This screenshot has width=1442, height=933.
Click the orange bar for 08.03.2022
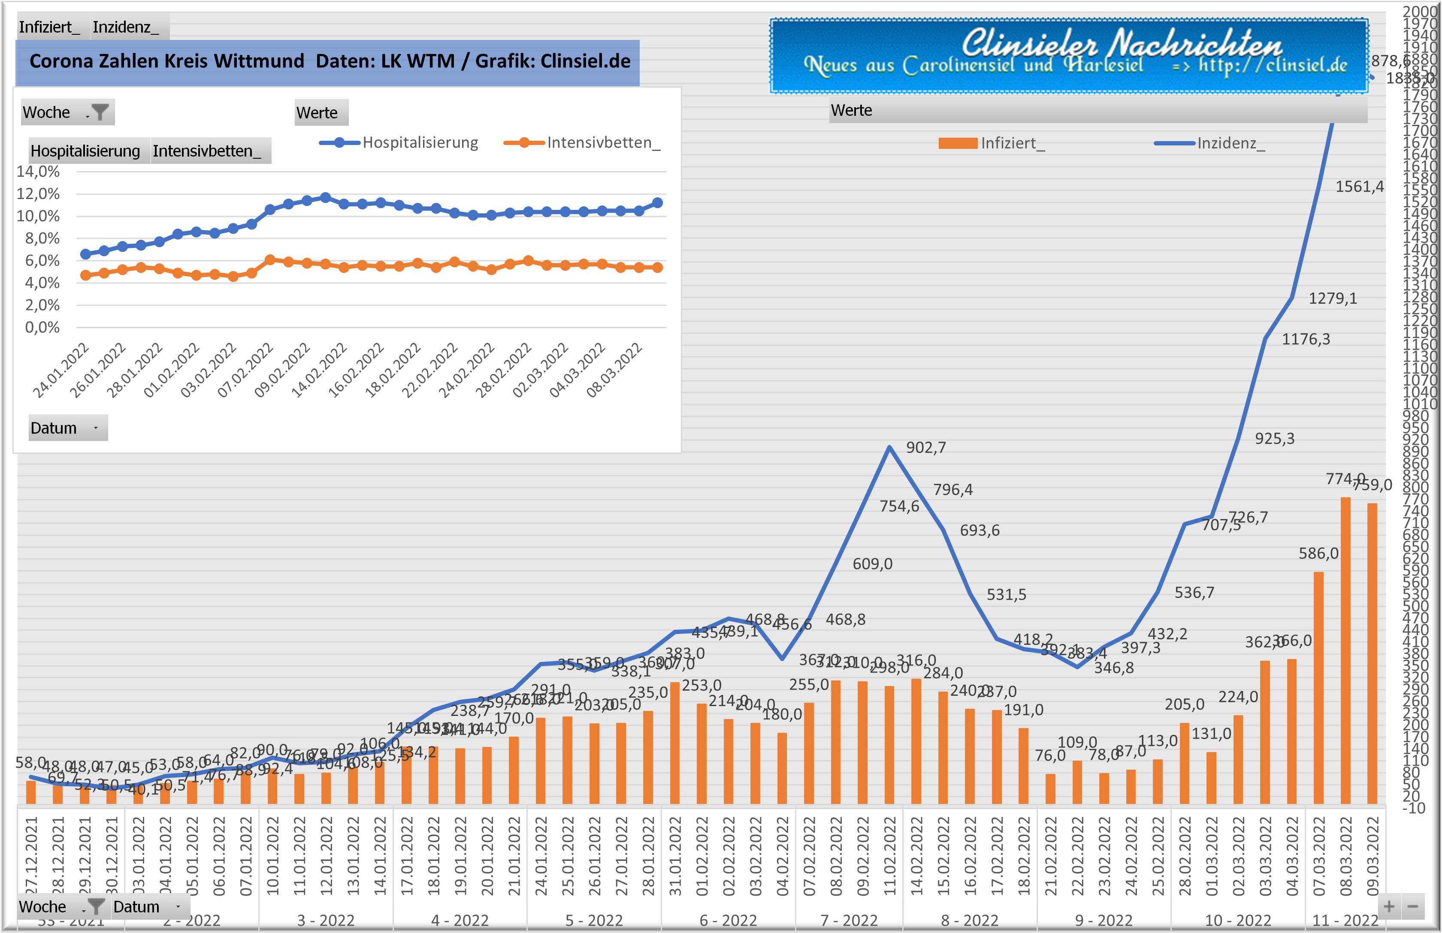pos(1345,651)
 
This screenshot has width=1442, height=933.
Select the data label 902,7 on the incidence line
pos(926,448)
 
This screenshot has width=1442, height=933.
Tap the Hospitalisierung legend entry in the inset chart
pos(420,143)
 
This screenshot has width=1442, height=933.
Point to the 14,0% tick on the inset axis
pos(38,172)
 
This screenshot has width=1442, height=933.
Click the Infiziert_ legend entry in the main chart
pos(1012,144)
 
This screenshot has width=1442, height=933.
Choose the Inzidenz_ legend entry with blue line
pos(1230,144)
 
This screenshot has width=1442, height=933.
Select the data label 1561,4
pos(1360,187)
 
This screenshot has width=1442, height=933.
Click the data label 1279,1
pos(1332,299)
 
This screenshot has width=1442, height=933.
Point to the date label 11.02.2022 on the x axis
pos(889,855)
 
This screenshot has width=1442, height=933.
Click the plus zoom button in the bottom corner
pos(1389,907)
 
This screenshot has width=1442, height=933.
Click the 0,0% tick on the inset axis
pos(42,328)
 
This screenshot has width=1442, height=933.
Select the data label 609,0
pos(873,564)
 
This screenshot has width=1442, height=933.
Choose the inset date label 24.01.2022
pos(60,371)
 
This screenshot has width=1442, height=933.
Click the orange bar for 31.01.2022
pos(675,743)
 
